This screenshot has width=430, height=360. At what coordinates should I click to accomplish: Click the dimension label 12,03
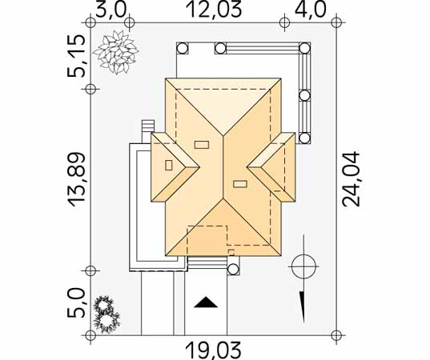point(214,10)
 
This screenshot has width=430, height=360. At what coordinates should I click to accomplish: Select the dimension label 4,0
point(311,10)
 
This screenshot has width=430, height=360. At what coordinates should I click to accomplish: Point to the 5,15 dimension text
point(76,56)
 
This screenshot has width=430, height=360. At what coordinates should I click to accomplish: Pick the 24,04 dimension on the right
point(351,178)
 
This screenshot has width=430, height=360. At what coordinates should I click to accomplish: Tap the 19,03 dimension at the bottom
point(214,350)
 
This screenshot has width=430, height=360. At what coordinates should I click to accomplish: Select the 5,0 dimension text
point(76,303)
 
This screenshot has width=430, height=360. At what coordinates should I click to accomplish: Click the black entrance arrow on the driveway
point(206,302)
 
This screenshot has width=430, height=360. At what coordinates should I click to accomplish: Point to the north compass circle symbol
point(303,266)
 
